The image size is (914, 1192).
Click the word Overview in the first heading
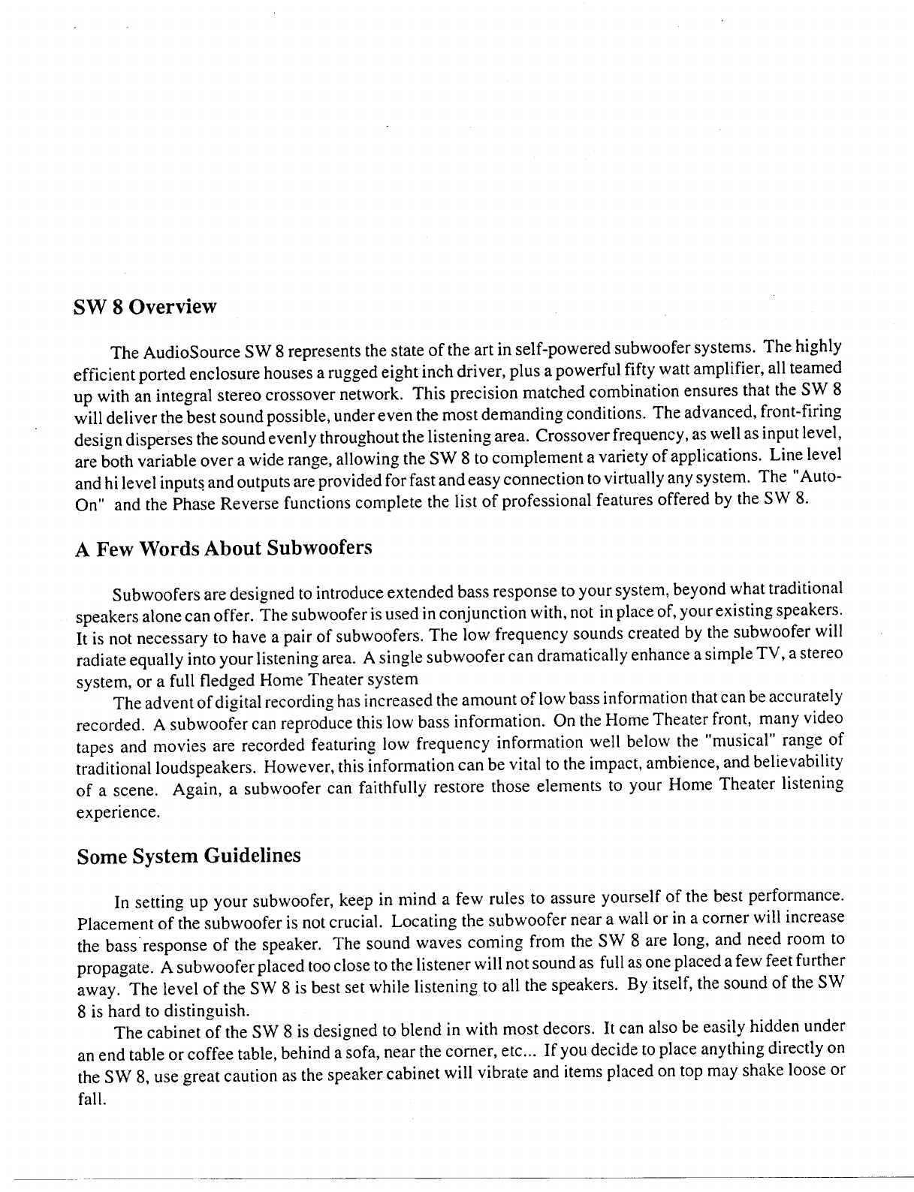173,307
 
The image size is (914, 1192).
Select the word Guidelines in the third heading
252,856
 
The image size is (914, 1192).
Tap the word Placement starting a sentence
113,921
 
